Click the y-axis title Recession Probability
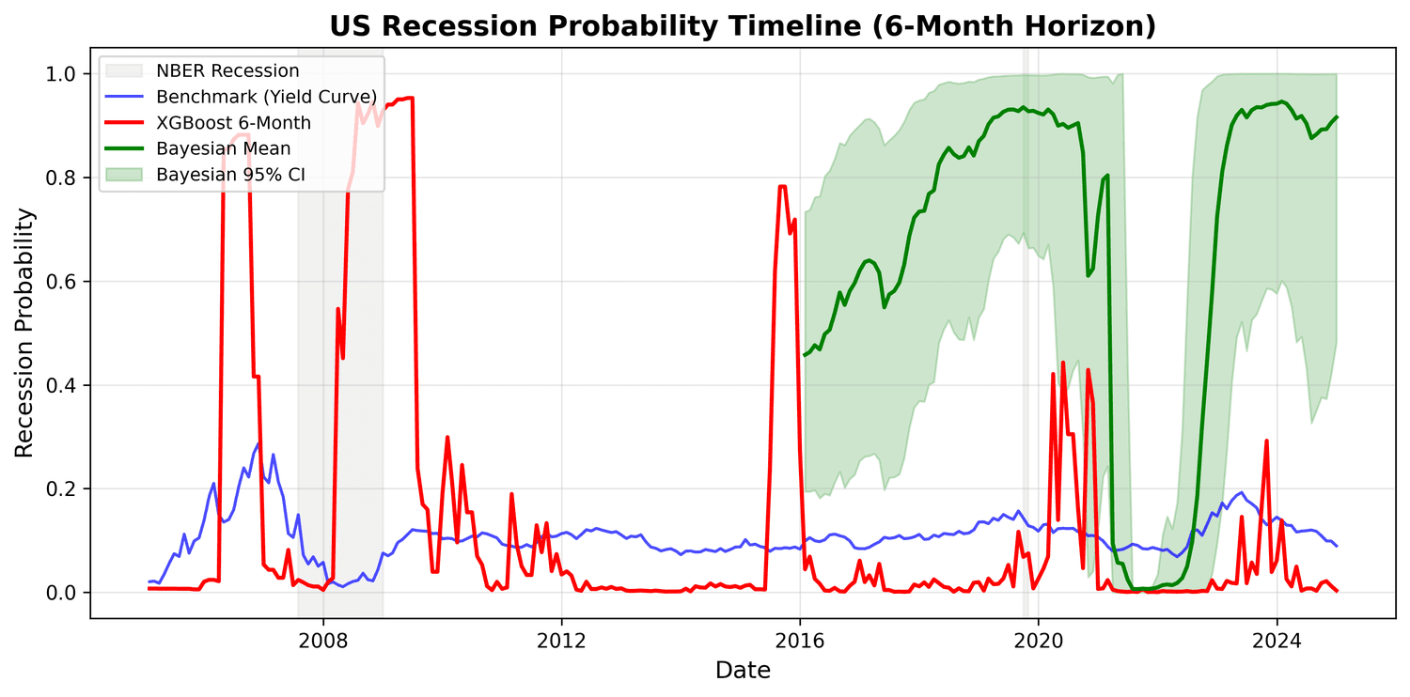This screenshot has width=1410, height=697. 25,333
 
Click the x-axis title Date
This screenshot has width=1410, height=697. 743,670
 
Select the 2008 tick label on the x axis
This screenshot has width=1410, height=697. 323,641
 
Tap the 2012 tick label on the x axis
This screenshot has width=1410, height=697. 561,641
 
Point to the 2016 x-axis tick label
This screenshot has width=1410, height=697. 800,641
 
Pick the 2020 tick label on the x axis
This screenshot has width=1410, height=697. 1038,641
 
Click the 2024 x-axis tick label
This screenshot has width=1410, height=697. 1277,641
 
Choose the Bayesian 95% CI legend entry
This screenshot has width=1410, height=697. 230,174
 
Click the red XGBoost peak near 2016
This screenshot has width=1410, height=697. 782,187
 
